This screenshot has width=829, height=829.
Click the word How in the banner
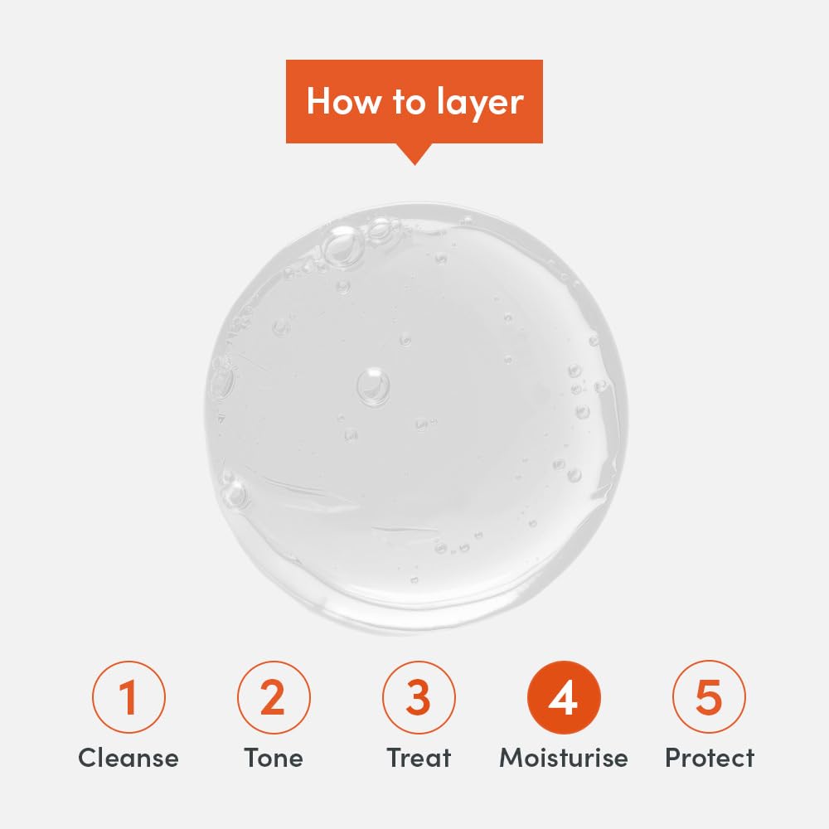click(344, 100)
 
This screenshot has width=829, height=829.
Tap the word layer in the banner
click(480, 103)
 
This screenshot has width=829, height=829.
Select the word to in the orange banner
click(409, 101)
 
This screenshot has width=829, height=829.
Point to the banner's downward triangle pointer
click(415, 154)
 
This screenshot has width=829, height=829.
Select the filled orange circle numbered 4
click(564, 697)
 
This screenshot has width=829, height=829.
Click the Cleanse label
click(128, 758)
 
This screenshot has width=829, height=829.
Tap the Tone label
click(274, 758)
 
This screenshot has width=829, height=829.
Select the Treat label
click(419, 758)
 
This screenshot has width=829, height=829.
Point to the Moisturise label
click(564, 758)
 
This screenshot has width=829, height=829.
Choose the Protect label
click(710, 758)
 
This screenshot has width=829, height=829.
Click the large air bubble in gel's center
click(373, 386)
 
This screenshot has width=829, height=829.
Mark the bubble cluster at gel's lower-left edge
click(232, 490)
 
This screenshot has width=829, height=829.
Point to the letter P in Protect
click(673, 758)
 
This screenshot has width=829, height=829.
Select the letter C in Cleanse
click(89, 758)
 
